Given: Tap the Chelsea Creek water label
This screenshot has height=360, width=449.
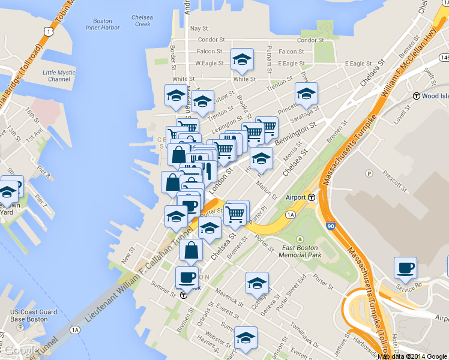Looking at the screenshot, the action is [142, 20].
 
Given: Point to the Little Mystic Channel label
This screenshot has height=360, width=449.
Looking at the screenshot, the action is [59, 76].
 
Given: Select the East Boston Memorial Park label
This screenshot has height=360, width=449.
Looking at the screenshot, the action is [302, 251].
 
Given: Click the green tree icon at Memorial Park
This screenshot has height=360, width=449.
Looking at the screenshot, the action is [301, 239].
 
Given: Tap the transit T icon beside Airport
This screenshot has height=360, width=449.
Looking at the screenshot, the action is [312, 197].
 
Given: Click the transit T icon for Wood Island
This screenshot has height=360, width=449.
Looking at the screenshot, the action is [416, 96].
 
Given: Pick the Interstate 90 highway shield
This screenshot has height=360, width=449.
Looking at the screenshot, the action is [331, 226].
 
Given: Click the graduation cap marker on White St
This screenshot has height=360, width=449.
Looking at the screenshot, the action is [242, 59].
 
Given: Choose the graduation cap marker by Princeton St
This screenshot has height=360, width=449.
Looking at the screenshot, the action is [306, 94].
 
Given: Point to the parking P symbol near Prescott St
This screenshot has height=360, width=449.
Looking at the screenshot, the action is [369, 174].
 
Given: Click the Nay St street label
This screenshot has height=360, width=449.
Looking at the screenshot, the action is [199, 28].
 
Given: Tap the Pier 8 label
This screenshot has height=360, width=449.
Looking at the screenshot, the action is [44, 175].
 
